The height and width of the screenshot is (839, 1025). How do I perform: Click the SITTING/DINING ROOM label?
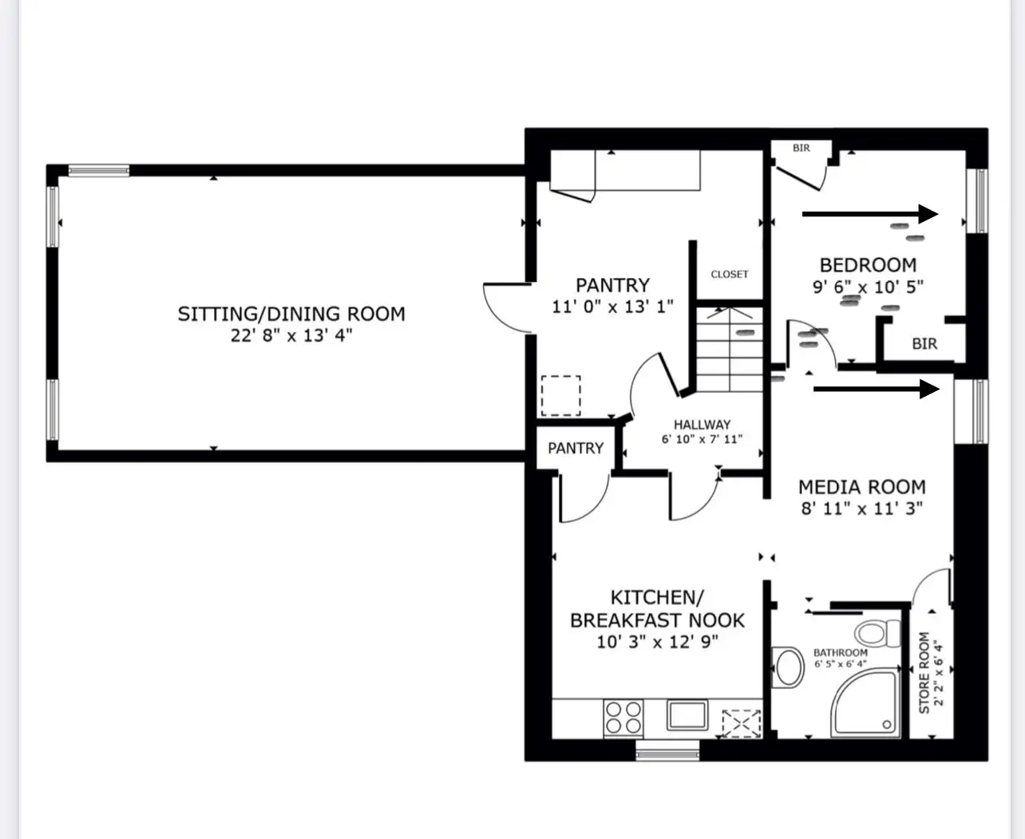click(291, 314)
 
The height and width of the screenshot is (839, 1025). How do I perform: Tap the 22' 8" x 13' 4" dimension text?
click(291, 335)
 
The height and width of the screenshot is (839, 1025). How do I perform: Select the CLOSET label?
click(730, 274)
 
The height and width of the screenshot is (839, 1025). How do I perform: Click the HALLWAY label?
click(702, 425)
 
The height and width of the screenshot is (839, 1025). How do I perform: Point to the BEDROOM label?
click(868, 265)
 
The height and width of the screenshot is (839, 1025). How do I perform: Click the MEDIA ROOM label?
click(861, 487)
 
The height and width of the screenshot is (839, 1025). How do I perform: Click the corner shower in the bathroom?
click(865, 703)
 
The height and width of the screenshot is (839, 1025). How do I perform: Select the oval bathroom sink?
click(788, 667)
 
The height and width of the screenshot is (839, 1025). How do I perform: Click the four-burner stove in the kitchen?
click(623, 718)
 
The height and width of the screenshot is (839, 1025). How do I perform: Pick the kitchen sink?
click(687, 714)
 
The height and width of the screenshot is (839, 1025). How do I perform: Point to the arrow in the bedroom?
click(870, 214)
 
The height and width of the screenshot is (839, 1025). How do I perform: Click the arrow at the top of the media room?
click(877, 389)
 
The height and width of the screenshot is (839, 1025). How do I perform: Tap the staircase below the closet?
click(730, 349)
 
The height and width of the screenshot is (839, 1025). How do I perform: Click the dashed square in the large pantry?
click(561, 396)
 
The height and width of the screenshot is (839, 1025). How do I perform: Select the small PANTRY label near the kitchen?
click(576, 448)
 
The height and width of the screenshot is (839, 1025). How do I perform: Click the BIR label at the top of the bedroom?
click(801, 148)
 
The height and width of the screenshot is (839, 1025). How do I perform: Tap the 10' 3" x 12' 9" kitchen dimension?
click(657, 642)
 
